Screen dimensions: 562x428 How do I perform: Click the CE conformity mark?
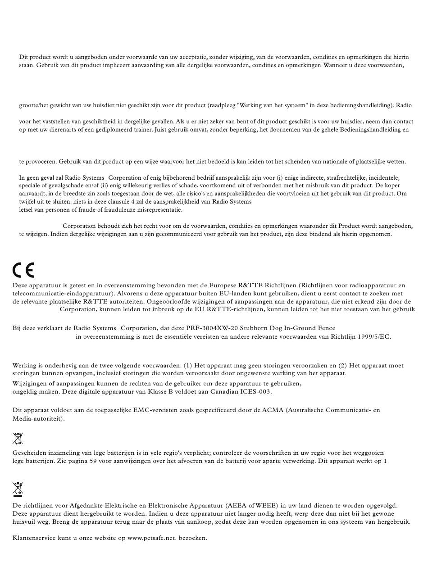coord(23,270)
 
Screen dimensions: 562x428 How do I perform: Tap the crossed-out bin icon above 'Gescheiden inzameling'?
coord(18,438)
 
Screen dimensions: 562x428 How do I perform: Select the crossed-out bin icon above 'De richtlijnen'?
coord(18,489)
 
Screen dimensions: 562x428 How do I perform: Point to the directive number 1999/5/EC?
coord(374,336)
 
